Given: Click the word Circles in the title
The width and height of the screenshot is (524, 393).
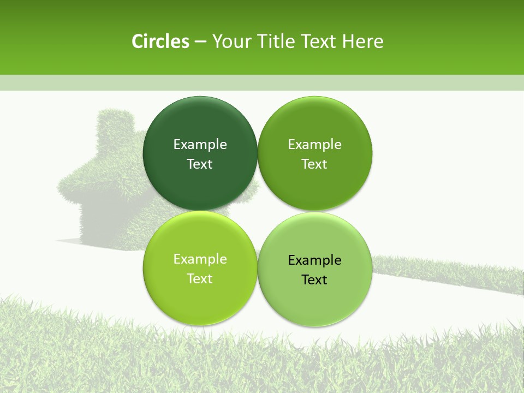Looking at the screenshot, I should click(160, 41).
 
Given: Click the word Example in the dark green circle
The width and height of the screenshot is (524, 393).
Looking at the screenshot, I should click(200, 144).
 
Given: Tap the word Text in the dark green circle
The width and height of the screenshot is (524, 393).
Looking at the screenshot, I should click(200, 164).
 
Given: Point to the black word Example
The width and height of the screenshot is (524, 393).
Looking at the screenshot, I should click(314, 260).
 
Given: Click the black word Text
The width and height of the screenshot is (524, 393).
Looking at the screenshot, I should click(314, 279).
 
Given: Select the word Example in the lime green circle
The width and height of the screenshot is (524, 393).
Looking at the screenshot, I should click(200, 259).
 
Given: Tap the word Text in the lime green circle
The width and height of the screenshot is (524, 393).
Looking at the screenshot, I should click(200, 278).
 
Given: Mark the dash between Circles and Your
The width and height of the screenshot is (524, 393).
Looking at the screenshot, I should click(200, 42).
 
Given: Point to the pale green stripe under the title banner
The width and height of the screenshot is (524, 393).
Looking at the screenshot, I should click(262, 83).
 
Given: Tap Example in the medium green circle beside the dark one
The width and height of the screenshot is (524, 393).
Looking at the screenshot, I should click(314, 144).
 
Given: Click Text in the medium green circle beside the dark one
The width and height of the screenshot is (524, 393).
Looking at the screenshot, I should click(314, 164).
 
